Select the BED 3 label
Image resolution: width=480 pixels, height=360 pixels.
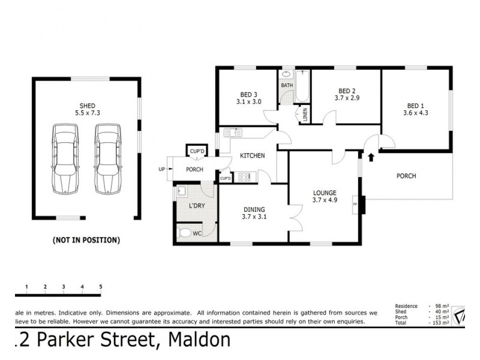pos(248,94)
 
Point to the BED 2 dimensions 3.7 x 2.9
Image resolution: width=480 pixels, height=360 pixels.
pos(347,97)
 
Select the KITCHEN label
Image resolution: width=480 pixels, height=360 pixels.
pos(253,156)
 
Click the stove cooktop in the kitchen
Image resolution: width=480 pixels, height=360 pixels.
pos(244,177)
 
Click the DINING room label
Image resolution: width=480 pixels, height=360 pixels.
pos(254,209)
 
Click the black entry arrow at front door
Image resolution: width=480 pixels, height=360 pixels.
pos(370,158)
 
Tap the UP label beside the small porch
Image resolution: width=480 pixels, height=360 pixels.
pos(161,169)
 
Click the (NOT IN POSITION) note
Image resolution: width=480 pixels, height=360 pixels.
pos(86,240)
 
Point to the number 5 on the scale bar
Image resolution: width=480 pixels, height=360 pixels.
pos(100,287)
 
